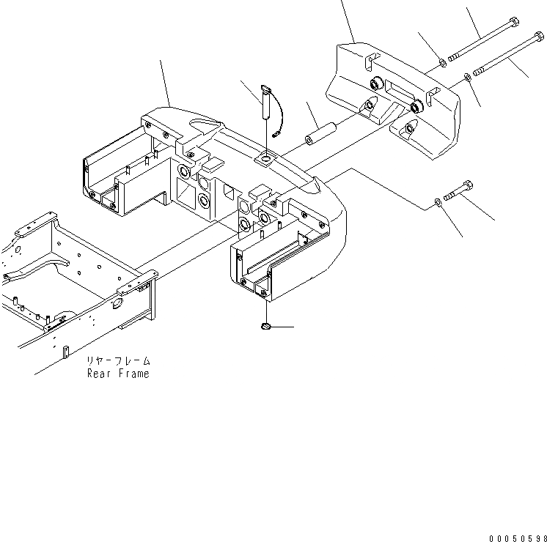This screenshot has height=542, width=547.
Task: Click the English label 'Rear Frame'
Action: [118, 374]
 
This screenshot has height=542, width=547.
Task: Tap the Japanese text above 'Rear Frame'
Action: [118, 361]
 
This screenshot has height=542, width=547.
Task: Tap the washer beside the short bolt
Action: [438, 200]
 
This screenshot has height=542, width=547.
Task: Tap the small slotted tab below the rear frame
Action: [66, 354]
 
